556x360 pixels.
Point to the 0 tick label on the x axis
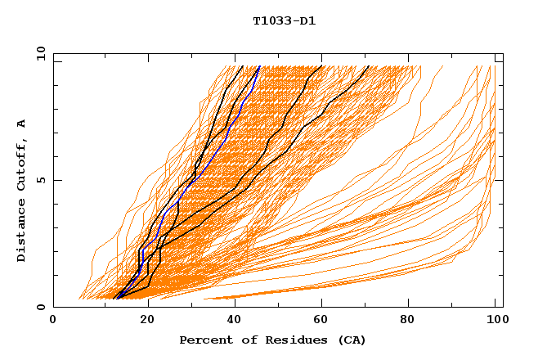click(x=53, y=321)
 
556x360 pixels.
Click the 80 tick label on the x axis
click(x=414, y=321)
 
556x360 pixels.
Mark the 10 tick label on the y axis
click(x=40, y=52)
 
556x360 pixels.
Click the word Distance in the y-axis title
click(x=22, y=230)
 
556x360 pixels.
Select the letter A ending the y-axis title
click(x=22, y=124)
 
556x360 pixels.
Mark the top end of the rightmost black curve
click(x=369, y=66)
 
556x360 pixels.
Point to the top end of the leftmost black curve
click(x=243, y=66)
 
